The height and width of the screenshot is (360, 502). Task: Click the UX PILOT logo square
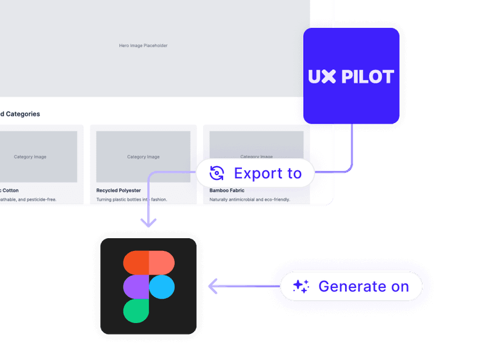tap(352, 76)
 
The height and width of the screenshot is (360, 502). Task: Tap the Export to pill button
tap(255, 173)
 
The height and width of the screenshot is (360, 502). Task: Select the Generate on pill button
tap(352, 286)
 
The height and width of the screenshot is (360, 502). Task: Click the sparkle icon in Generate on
tap(301, 286)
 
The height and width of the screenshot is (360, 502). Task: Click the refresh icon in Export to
tap(216, 173)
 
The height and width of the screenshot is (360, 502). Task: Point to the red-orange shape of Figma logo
tap(136, 263)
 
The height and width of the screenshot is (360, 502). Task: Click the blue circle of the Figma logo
tap(162, 287)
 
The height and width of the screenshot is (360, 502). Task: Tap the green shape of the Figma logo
tap(136, 310)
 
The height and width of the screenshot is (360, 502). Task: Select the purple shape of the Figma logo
tap(136, 287)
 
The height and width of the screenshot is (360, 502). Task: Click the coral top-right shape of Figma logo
tap(162, 263)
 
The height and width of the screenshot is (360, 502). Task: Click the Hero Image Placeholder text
tap(143, 45)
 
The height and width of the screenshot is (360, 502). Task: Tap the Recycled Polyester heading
tap(119, 190)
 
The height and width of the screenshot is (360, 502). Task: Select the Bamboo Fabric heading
tap(227, 190)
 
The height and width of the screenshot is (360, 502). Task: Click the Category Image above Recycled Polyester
tap(143, 157)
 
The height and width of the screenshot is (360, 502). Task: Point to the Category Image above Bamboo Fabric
tap(256, 156)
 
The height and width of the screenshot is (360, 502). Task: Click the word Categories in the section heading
tap(23, 114)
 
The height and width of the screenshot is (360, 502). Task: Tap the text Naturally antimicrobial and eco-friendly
tap(250, 199)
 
